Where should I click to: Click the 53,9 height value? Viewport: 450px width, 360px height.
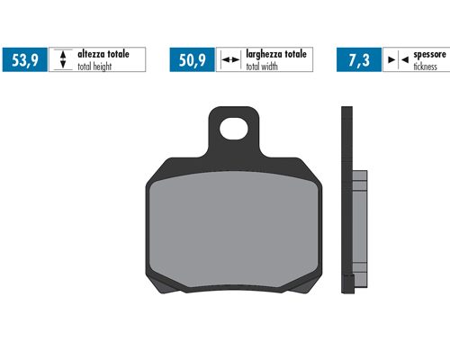(25, 60)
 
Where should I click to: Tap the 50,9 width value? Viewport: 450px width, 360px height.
(193, 60)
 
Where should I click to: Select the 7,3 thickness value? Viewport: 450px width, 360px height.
(359, 60)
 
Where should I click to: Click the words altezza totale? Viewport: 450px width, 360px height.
(103, 54)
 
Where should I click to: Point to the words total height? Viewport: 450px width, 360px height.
(94, 67)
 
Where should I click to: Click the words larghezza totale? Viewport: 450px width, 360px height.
(276, 54)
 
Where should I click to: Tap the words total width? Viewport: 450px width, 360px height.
(262, 67)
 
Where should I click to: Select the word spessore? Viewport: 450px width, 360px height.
(430, 55)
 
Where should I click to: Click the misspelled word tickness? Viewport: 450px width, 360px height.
(426, 67)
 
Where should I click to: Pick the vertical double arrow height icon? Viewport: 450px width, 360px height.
(63, 59)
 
